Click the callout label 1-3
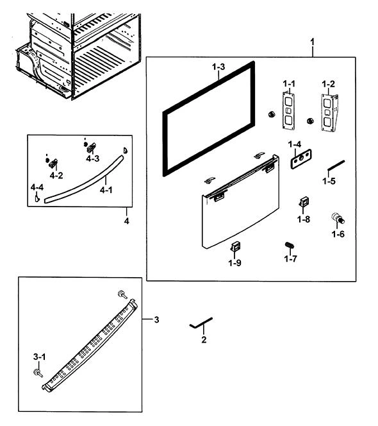(218, 67)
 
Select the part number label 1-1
(289, 83)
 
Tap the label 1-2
(328, 84)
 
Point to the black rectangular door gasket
(164, 144)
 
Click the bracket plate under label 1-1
(288, 111)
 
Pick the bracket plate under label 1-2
(329, 113)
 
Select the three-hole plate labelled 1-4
(301, 159)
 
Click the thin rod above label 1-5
(336, 166)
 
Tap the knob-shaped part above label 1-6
(338, 218)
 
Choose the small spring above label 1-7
(290, 245)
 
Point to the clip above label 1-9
(236, 247)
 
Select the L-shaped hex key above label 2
(201, 323)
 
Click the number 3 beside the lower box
(156, 319)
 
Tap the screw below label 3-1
(38, 373)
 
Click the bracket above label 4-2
(53, 164)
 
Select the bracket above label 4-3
(92, 148)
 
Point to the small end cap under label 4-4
(37, 198)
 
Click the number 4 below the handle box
(127, 221)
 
